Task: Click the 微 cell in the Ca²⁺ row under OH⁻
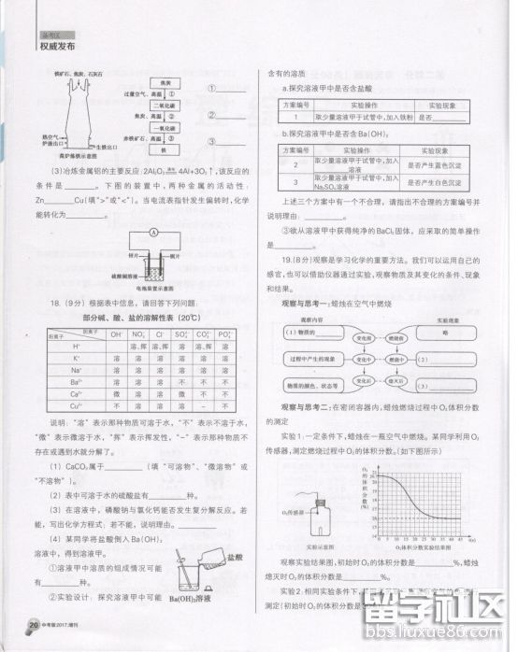[117, 394]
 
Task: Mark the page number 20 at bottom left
[33, 625]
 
